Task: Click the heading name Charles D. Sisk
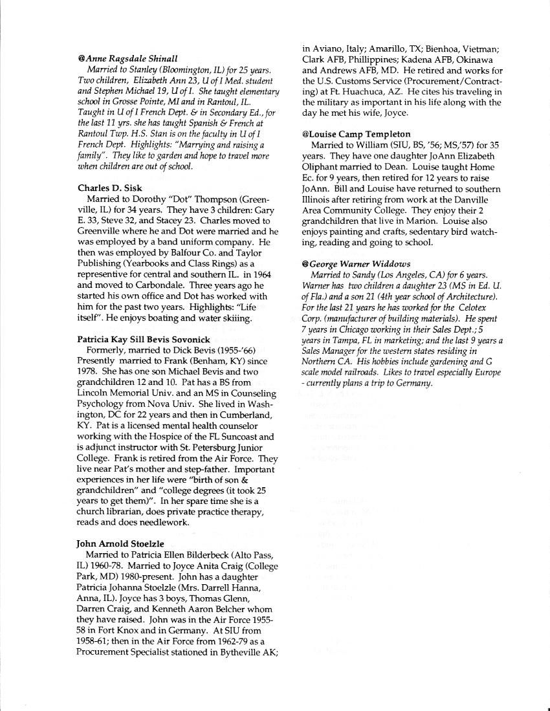[109, 188]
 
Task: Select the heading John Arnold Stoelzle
[120, 543]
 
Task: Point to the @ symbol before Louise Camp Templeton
[305, 134]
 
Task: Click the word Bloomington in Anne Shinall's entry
[181, 69]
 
